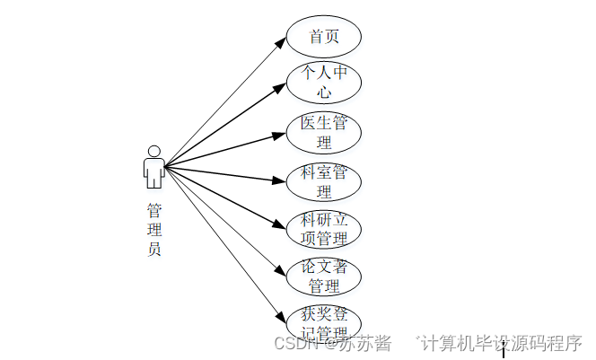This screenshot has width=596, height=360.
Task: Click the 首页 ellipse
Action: click(324, 37)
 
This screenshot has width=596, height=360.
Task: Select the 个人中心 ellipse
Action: click(324, 83)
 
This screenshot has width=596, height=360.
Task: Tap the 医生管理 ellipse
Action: click(324, 132)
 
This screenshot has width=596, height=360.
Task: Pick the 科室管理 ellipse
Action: click(324, 181)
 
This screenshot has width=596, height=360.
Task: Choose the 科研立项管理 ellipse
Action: click(324, 229)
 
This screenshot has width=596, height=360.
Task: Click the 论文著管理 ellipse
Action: click(324, 277)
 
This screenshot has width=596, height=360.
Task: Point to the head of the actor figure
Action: click(153, 151)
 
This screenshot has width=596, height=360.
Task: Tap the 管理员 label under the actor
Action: click(154, 230)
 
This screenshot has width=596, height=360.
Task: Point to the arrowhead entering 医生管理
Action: click(281, 136)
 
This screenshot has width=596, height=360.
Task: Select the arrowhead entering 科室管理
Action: click(281, 180)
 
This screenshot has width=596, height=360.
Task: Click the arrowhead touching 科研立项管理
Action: click(282, 226)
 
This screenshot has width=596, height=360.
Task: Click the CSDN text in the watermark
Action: click(292, 344)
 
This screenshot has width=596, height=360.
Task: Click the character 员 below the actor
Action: click(154, 250)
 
